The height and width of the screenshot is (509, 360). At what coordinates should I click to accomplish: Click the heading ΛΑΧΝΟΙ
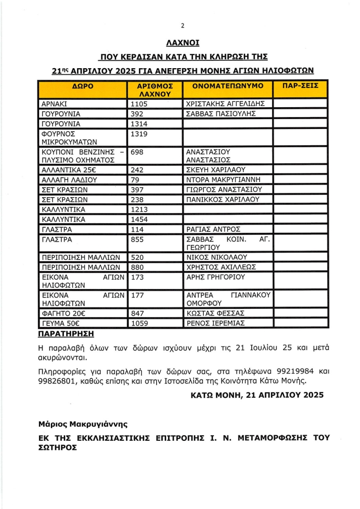[x=182, y=43]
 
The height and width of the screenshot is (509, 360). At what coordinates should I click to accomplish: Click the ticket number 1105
[x=139, y=104]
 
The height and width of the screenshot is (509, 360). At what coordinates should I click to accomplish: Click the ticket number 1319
[x=139, y=133]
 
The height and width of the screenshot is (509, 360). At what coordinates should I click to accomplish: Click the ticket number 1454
[x=139, y=219]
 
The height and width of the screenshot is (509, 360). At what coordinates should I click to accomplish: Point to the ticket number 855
[x=136, y=239]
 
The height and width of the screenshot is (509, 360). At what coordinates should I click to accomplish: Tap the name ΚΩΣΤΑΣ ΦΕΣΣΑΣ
[x=214, y=314]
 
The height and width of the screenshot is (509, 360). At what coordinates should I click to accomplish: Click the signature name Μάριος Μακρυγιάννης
[x=83, y=424]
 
